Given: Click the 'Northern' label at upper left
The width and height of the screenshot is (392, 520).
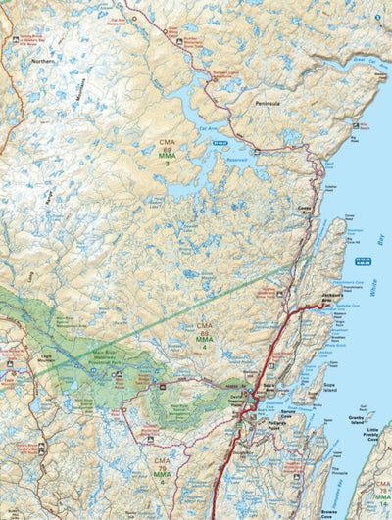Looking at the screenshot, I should click(x=42, y=61).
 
